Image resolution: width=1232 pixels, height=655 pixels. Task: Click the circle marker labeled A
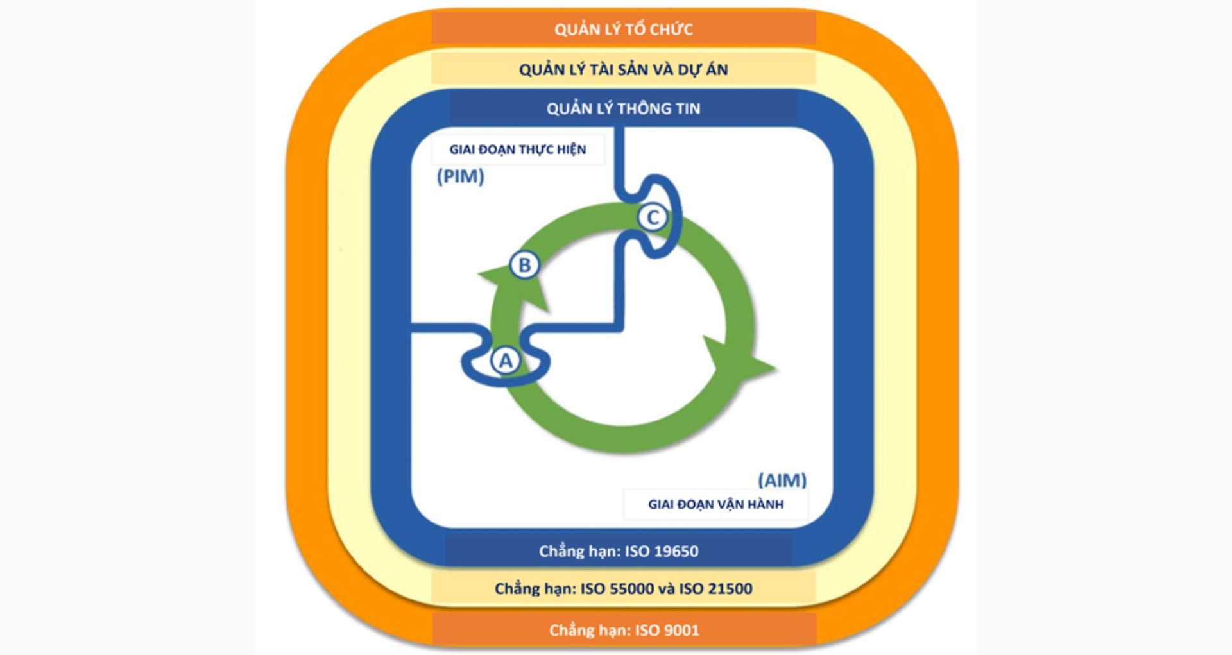[506, 361]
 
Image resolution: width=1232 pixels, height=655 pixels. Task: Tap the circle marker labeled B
[524, 264]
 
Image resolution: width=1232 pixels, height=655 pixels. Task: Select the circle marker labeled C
[653, 217]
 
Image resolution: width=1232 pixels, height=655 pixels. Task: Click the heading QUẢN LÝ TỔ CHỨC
[623, 30]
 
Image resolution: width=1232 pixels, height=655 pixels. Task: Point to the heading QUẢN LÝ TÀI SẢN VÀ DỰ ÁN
[623, 69]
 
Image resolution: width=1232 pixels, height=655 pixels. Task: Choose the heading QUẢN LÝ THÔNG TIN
[623, 108]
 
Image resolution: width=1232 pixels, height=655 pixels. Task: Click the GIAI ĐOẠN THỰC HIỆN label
[517, 149]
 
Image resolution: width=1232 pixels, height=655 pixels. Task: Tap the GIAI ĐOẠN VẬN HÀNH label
[715, 504]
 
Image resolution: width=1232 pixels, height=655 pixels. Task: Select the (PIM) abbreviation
[460, 176]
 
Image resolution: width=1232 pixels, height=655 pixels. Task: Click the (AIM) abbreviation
[782, 480]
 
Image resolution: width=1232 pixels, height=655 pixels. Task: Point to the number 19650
[674, 551]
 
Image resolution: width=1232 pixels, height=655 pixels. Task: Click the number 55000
[631, 588]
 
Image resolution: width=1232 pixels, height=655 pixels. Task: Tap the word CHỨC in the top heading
[671, 30]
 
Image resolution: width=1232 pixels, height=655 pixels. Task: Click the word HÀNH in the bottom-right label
[764, 504]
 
